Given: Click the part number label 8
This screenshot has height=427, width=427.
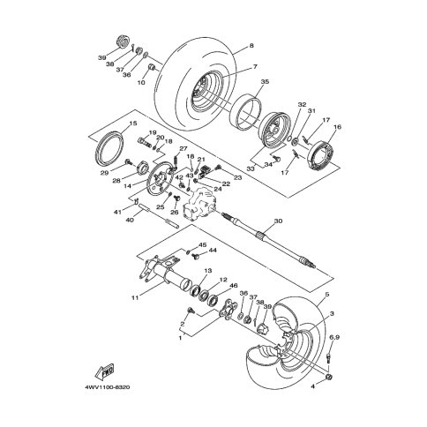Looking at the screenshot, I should click(x=251, y=45).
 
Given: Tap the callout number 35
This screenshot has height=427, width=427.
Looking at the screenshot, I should click(x=265, y=82).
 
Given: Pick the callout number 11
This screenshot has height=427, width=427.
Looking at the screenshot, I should click(x=134, y=298).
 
